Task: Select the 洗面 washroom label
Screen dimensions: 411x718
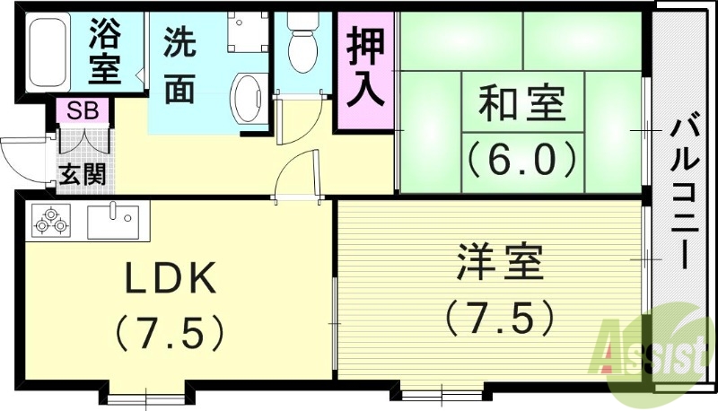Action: pos(179,66)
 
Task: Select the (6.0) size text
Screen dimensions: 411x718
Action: pos(521,159)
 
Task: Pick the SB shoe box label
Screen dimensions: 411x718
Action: pos(83,112)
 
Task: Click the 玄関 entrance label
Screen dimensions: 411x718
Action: pos(83,172)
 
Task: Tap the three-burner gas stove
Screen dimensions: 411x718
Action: pos(51,221)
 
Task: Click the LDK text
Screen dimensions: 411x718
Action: pos(170,281)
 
